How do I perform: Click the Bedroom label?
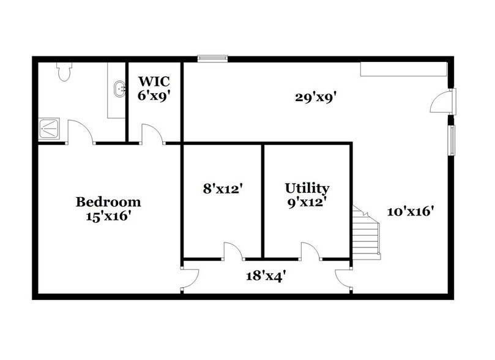point(108,201)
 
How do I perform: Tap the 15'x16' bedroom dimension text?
point(108,216)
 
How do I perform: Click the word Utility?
point(307,188)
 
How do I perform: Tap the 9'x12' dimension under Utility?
point(307,202)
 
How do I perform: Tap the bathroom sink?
point(121,89)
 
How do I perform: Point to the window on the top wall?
point(212,59)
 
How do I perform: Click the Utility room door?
point(310,251)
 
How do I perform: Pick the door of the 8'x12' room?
point(233,251)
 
